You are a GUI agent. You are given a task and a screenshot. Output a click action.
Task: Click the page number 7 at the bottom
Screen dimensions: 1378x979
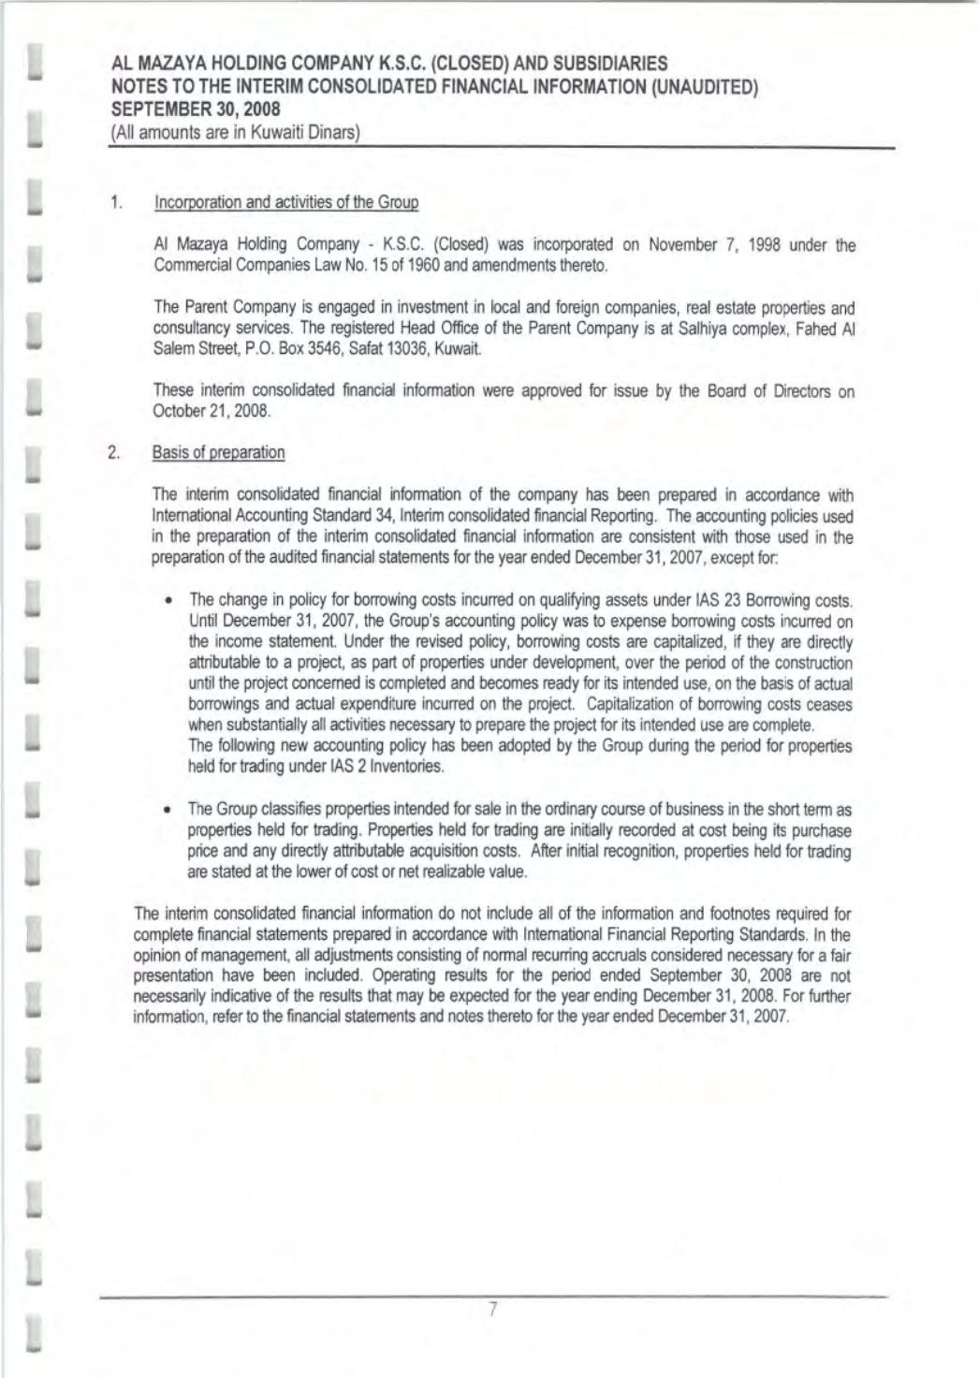coord(490,1310)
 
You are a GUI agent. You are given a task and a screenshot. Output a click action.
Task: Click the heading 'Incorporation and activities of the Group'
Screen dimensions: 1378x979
coord(285,202)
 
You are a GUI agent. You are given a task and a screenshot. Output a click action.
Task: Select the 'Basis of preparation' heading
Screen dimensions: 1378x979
coord(218,453)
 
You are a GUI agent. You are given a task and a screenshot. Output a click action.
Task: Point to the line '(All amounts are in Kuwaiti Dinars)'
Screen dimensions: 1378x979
coord(235,133)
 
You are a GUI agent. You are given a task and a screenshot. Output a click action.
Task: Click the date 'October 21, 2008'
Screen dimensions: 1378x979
coord(197,412)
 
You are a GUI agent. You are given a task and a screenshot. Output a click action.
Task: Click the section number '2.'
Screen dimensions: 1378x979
coord(115,453)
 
